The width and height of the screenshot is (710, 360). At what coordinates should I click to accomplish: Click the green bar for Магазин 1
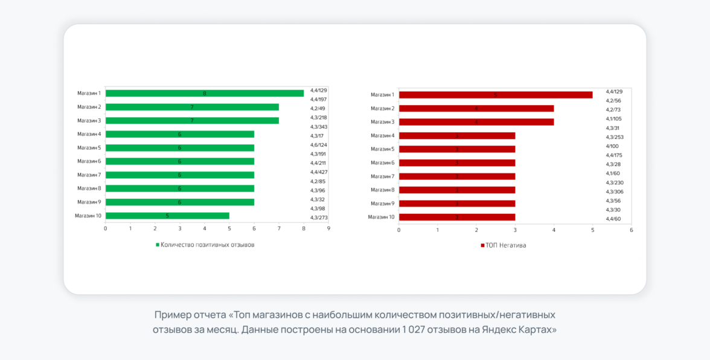tap(205, 93)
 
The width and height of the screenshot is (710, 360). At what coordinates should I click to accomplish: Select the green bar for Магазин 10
tap(167, 216)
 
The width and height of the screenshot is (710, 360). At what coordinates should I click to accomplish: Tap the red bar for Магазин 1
tap(496, 95)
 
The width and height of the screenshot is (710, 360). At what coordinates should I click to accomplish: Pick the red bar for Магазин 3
tap(476, 122)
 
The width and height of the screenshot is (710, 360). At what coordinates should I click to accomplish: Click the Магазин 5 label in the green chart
tap(89, 147)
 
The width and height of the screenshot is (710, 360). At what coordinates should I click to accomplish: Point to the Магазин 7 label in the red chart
tap(382, 176)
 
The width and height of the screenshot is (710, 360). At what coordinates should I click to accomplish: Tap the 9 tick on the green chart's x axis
tap(328, 228)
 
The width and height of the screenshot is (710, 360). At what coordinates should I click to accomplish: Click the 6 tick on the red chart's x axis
tap(631, 230)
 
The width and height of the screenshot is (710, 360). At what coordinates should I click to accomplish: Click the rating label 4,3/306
tap(615, 191)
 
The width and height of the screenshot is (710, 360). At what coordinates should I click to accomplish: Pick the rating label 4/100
tap(613, 146)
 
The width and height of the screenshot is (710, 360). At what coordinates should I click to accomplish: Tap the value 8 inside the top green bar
tap(205, 94)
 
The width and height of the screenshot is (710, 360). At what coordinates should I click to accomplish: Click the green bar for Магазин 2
tap(192, 107)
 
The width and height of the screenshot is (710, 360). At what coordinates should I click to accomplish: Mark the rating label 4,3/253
tap(615, 137)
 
